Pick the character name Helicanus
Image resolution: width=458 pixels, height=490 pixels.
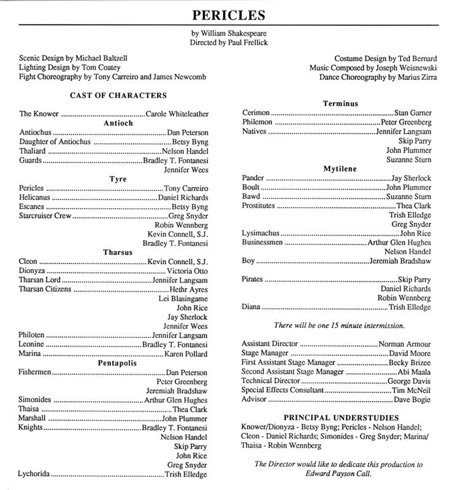(x=38, y=198)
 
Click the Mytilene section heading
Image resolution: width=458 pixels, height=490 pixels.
(x=340, y=168)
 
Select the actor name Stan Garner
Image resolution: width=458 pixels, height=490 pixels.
(x=412, y=113)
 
